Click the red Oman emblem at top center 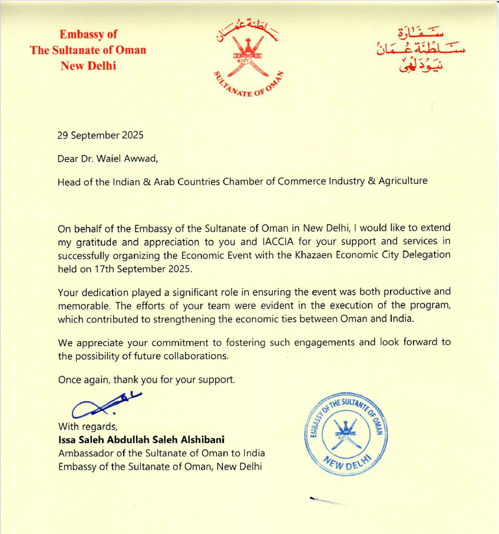248,55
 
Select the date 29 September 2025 100,135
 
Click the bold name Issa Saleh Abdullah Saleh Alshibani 141,440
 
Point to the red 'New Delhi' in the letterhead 88,65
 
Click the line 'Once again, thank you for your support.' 146,380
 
